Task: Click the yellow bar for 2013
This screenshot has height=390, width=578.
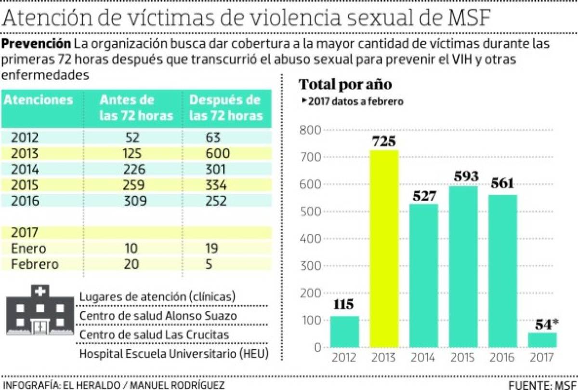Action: click(384, 248)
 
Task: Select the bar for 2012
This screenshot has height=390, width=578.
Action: click(344, 332)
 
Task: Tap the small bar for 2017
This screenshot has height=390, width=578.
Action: click(542, 340)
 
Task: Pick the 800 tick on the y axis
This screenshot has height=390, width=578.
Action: click(310, 130)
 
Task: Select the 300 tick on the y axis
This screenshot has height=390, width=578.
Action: click(310, 266)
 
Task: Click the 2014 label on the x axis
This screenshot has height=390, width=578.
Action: click(423, 357)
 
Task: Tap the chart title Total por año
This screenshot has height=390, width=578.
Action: click(345, 84)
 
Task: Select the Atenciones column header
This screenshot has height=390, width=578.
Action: click(39, 100)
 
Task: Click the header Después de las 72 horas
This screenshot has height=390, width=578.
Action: click(226, 108)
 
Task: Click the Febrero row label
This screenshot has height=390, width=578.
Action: click(35, 264)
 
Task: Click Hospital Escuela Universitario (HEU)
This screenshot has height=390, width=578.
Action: click(173, 353)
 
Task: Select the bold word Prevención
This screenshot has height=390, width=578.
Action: click(36, 43)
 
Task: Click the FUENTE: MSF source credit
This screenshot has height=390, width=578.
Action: click(542, 385)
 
